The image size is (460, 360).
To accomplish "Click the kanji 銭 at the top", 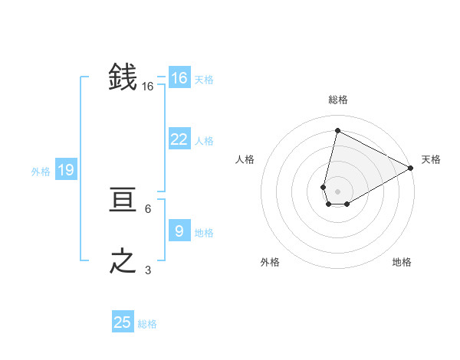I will tap(123, 77).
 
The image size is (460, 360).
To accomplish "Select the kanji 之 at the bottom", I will tap(123, 261).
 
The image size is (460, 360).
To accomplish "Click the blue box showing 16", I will tap(179, 78).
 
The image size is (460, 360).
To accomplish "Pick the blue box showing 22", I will tap(179, 139).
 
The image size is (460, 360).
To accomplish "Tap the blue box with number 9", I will tap(179, 231).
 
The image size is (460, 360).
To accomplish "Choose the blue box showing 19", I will tap(65, 170).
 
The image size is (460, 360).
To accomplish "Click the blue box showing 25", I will tap(123, 322).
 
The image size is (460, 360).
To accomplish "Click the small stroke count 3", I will tap(148, 270).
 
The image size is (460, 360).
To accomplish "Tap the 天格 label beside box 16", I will tap(203, 80).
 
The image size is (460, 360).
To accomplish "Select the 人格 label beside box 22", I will tap(203, 141).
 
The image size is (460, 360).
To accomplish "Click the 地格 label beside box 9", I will tap(203, 233).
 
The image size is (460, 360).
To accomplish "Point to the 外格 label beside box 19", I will tap(41, 172).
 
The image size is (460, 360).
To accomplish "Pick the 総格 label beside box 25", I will tap(147, 324).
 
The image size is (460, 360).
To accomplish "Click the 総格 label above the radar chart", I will tap(337, 100).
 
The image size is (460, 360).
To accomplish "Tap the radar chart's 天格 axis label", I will tap(431, 159).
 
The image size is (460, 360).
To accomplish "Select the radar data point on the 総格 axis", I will tap(337, 130).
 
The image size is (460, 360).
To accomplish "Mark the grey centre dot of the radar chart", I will tap(337, 191).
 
